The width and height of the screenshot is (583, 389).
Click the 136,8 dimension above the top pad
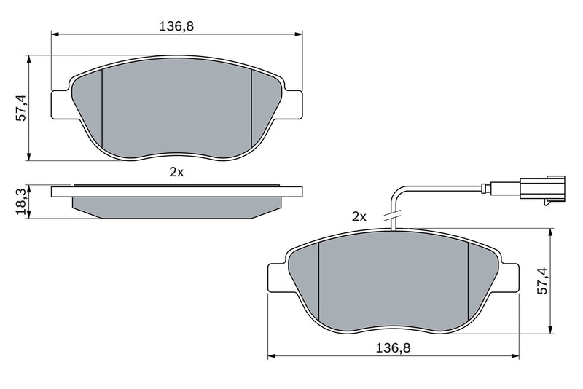click(176, 25)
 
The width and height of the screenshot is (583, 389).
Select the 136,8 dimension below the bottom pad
click(394, 348)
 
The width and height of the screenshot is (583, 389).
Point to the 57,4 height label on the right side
click(542, 280)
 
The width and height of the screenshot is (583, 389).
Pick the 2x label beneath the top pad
click(176, 172)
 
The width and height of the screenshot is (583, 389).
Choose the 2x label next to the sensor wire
click(358, 216)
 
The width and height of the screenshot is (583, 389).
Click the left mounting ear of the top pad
click(61, 103)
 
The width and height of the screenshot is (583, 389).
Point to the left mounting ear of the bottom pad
click(279, 278)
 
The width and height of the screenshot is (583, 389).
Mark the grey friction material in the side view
click(176, 207)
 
